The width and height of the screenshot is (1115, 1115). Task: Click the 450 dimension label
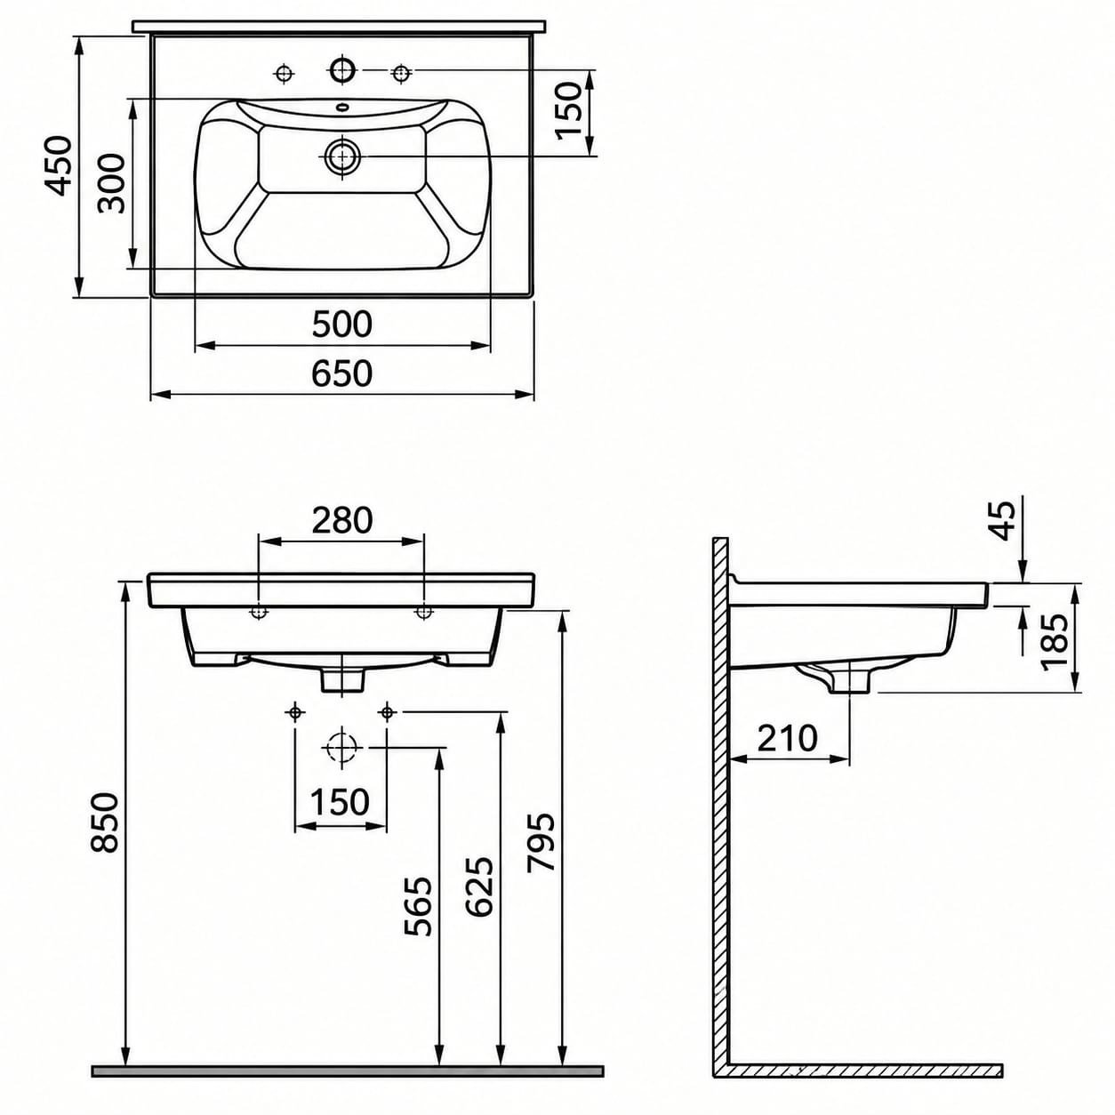click(x=59, y=165)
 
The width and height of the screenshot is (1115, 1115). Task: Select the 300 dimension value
click(x=112, y=183)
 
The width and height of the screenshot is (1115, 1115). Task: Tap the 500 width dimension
click(x=342, y=325)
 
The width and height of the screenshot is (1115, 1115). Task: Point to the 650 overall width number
click(x=342, y=373)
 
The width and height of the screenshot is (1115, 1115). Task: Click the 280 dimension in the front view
click(x=342, y=521)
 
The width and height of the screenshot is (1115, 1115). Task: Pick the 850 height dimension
click(x=105, y=822)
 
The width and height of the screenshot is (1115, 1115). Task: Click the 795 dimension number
click(x=541, y=842)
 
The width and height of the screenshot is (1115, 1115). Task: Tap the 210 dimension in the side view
click(x=788, y=738)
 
